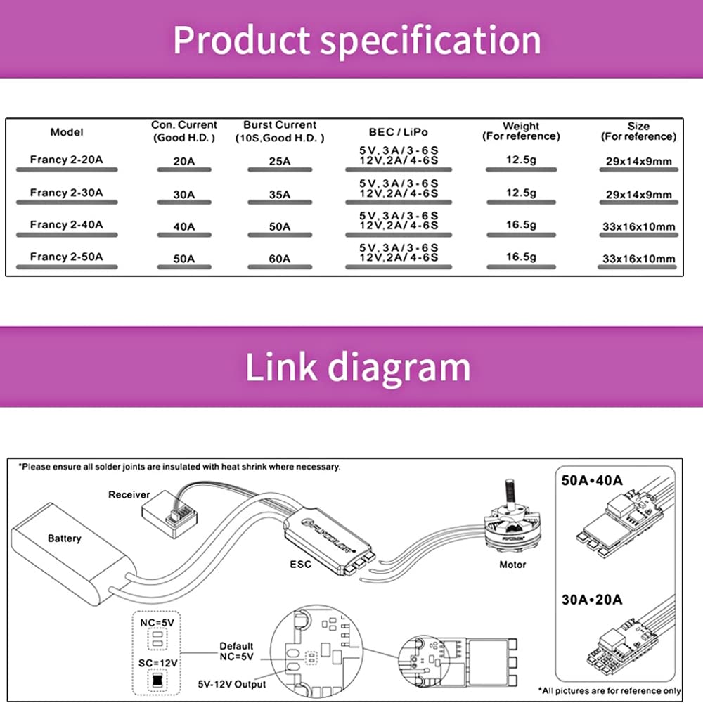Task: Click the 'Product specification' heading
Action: [357, 40]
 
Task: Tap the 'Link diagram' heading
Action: [357, 366]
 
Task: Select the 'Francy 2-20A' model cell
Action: [66, 160]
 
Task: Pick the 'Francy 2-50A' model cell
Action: [66, 257]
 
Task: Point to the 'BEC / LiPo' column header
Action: [398, 131]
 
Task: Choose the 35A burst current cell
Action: [279, 194]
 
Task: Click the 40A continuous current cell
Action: [183, 226]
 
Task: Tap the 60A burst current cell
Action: [279, 259]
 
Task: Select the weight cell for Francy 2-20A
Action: [521, 160]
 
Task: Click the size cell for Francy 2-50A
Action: [638, 259]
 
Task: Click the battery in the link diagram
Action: [70, 545]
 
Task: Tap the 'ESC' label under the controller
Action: [300, 564]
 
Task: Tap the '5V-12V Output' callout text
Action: [232, 684]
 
